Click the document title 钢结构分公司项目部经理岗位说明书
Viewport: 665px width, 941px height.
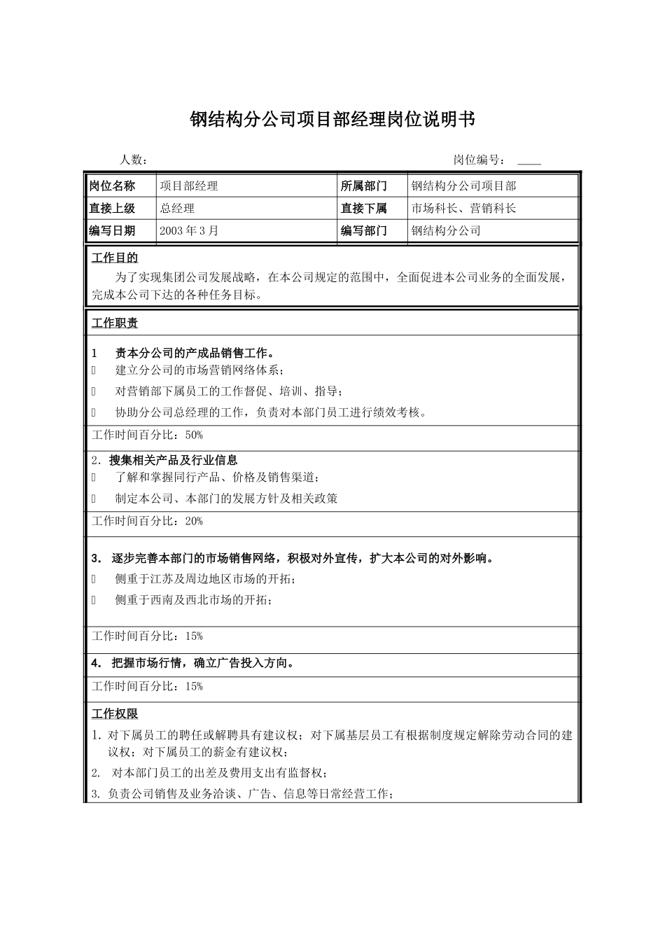[332, 120]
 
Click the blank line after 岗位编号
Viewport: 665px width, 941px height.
[528, 162]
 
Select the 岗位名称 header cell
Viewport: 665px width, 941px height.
[112, 186]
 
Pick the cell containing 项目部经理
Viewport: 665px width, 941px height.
[189, 186]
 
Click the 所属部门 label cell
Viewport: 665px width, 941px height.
[364, 186]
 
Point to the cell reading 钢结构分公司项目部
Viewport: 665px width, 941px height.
[464, 186]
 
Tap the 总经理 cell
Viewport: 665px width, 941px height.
[177, 208]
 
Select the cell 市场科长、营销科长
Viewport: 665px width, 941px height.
[464, 208]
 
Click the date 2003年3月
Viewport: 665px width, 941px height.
[189, 230]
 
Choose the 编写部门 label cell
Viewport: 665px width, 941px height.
[364, 230]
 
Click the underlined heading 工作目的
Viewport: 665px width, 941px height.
[115, 258]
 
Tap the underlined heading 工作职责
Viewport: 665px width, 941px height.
[115, 323]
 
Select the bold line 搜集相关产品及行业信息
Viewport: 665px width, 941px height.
[174, 460]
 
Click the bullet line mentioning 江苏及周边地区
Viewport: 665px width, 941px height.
[205, 579]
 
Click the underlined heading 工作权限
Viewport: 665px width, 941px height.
[115, 714]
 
